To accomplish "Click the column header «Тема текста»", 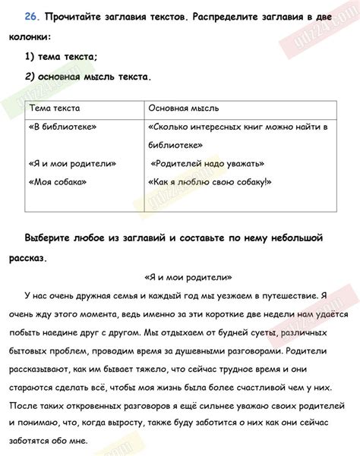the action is point(54,108).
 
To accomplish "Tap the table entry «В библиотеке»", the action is point(62,127).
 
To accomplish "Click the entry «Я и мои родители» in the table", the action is point(72,163).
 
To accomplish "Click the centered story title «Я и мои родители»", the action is point(188,277).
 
